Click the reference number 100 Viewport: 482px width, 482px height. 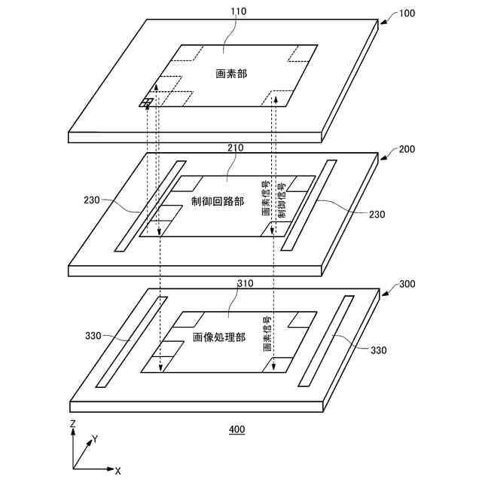[x=406, y=14]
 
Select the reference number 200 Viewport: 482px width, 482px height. [x=406, y=149]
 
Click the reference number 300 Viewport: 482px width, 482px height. [x=406, y=285]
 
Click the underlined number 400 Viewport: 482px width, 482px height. [x=236, y=430]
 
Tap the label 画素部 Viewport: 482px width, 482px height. [x=231, y=74]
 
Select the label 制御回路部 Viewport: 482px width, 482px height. [x=218, y=203]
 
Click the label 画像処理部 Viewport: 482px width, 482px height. [x=219, y=337]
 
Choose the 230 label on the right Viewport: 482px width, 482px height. [x=377, y=215]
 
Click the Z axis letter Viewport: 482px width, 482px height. [x=72, y=424]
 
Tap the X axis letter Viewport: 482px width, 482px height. [x=118, y=471]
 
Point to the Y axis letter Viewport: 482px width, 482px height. [x=95, y=438]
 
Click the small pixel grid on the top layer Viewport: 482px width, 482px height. [x=146, y=102]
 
